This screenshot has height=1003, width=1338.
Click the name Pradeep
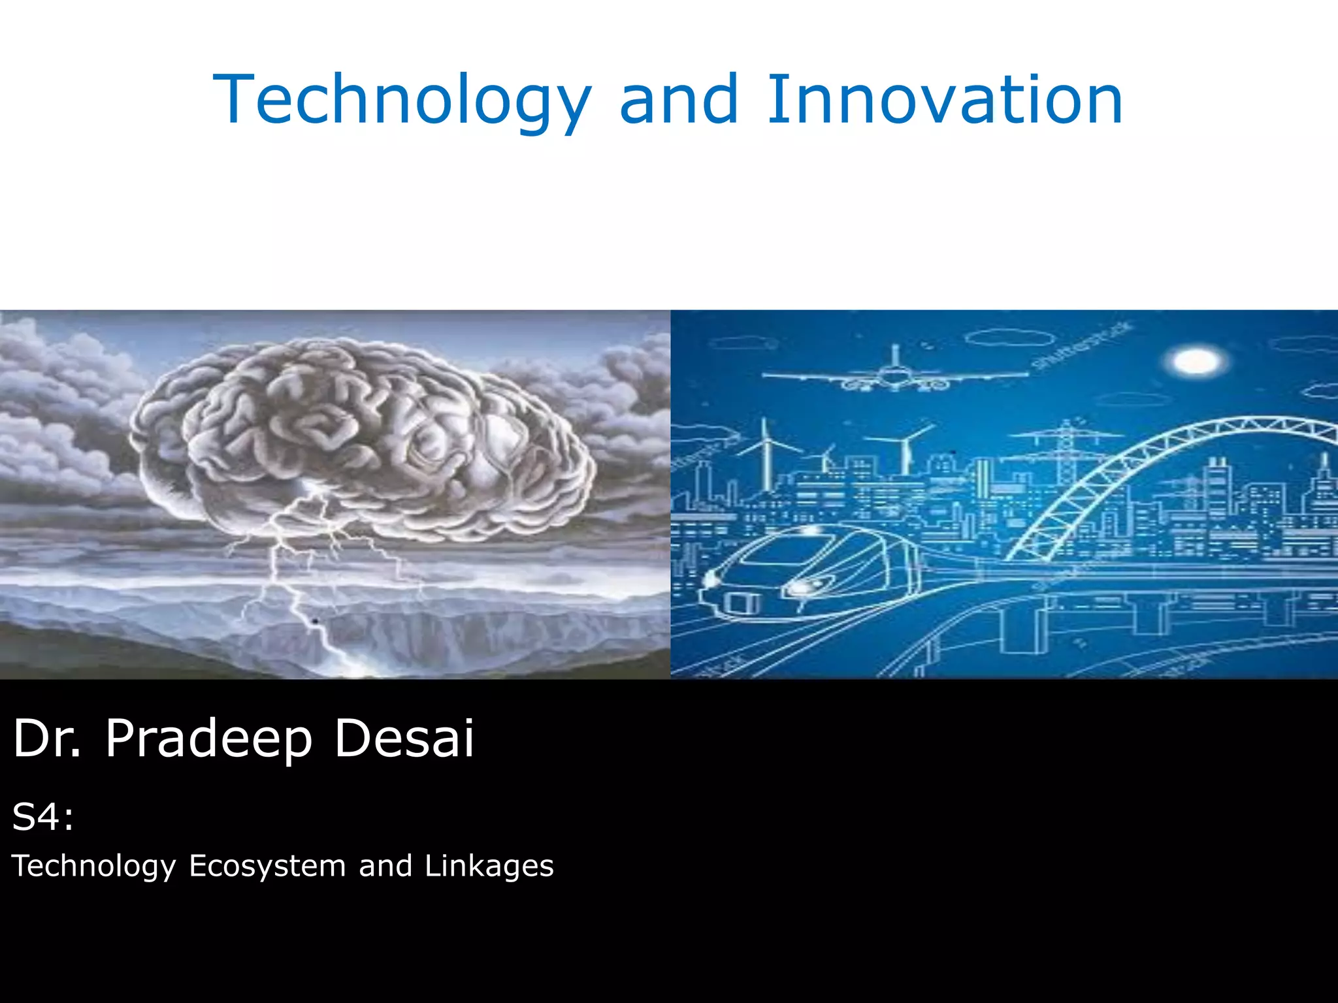[208, 739]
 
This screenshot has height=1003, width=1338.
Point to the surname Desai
[404, 739]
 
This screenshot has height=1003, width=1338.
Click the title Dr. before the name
[47, 739]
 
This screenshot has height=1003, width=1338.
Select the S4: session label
[42, 817]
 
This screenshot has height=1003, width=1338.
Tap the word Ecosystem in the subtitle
[267, 867]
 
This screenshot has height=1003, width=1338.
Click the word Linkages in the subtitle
[489, 867]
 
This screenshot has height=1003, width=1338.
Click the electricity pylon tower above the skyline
[1066, 451]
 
